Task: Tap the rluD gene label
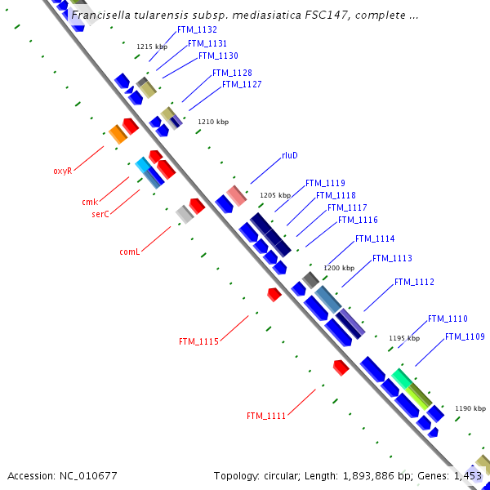coord(290,155)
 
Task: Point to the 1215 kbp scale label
coord(152,47)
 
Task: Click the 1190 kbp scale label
coord(470,408)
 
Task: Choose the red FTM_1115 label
coord(198,341)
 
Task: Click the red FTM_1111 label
coord(266,416)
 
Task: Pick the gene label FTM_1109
coord(465,337)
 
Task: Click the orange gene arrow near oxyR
coord(118,134)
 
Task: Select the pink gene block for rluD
coord(236,196)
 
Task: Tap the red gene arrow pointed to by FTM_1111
coord(341,367)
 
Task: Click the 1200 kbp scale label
coord(339,268)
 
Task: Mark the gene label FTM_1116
coord(358,220)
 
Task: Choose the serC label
coord(100,213)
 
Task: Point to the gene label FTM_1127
coord(242,85)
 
